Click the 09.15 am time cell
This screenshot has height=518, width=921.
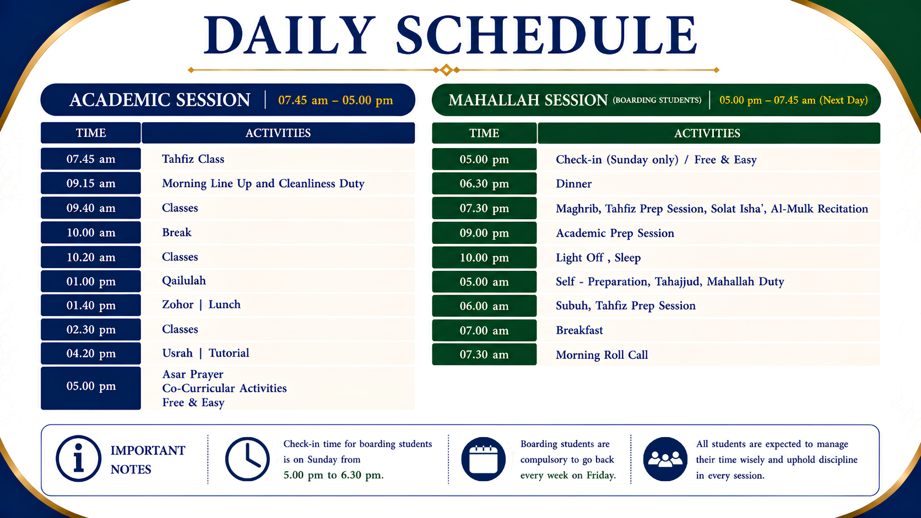91,183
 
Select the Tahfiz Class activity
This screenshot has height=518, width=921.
193,159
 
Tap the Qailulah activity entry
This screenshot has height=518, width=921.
184,281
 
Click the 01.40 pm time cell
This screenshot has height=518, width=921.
91,305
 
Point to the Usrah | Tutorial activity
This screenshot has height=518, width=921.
205,353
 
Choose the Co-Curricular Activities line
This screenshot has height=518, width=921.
225,388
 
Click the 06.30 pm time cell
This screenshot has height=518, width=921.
484,184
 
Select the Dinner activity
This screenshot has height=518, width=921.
573,184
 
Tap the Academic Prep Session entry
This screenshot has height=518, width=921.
615,233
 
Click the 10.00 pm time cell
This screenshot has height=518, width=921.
484,258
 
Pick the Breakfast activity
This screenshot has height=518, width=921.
579,330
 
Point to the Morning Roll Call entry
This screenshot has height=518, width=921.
602,355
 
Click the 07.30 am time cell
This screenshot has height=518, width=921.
484,355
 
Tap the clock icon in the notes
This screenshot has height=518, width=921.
247,459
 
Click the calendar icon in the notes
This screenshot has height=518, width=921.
484,459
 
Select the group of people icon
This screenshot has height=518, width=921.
665,459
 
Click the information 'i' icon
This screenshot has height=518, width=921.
79,459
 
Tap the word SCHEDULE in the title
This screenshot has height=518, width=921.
546,35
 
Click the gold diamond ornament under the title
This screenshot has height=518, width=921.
447,70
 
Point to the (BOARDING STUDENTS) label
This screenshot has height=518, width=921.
657,100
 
